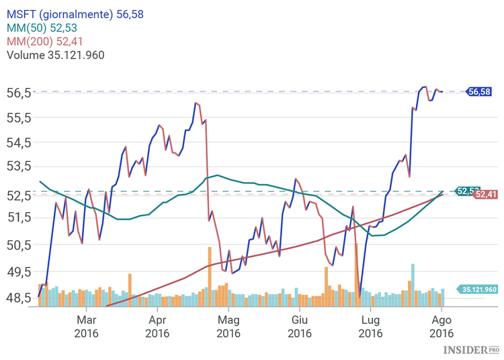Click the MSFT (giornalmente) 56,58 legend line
75,13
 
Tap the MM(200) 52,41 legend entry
44,42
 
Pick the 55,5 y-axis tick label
19,118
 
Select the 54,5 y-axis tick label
19,142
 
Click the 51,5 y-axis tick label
19,217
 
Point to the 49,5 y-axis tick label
19,271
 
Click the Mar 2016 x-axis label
87,326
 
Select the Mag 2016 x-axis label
228,326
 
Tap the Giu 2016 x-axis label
300,326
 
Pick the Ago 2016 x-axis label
442,326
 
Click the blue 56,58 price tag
479,91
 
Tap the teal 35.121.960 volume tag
479,289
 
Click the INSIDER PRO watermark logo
471,350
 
